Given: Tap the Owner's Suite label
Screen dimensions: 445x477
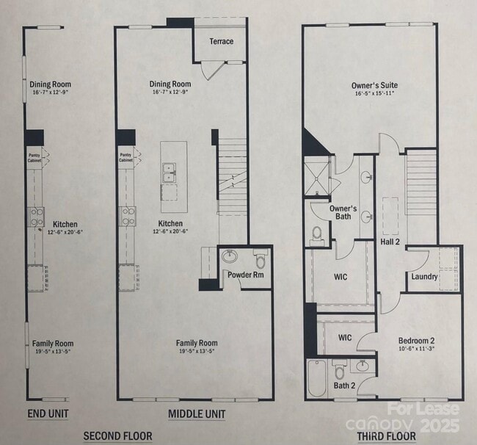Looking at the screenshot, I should pyautogui.click(x=373, y=85).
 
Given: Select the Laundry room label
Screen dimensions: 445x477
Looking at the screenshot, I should pyautogui.click(x=424, y=277).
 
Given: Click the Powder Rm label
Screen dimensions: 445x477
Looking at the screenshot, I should pyautogui.click(x=245, y=274).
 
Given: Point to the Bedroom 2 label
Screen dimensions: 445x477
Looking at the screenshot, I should pyautogui.click(x=416, y=340).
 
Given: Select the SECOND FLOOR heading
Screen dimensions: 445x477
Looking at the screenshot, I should pyautogui.click(x=117, y=436).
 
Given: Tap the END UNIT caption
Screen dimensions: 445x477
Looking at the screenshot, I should pyautogui.click(x=49, y=413).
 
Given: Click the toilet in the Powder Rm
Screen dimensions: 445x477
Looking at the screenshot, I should pyautogui.click(x=259, y=260).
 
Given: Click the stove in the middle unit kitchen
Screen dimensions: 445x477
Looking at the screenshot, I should pyautogui.click(x=128, y=216).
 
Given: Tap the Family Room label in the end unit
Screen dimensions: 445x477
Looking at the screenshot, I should pyautogui.click(x=51, y=343).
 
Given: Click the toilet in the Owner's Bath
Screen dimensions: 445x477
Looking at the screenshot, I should pyautogui.click(x=317, y=234).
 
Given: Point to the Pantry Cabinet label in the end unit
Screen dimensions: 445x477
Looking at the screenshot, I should pyautogui.click(x=34, y=156).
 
